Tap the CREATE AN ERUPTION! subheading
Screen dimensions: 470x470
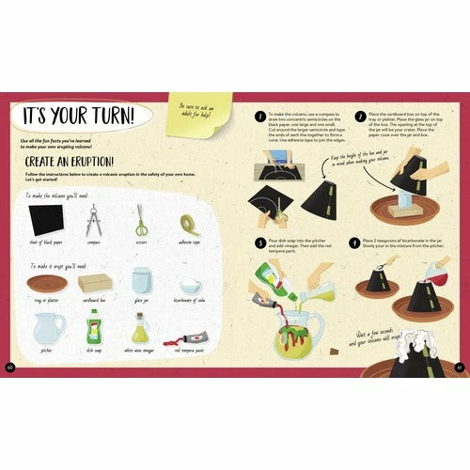[x=70, y=162]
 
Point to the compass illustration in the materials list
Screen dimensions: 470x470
[x=93, y=221]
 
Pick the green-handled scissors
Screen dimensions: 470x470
[x=141, y=221]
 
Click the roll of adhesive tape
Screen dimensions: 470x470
[x=189, y=223]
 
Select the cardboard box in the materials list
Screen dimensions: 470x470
[x=93, y=282]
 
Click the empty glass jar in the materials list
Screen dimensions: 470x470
[x=142, y=281]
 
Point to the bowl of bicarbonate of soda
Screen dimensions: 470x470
[x=190, y=285]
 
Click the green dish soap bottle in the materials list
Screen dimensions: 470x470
[x=94, y=329]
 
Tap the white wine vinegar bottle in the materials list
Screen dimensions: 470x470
[x=140, y=331]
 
